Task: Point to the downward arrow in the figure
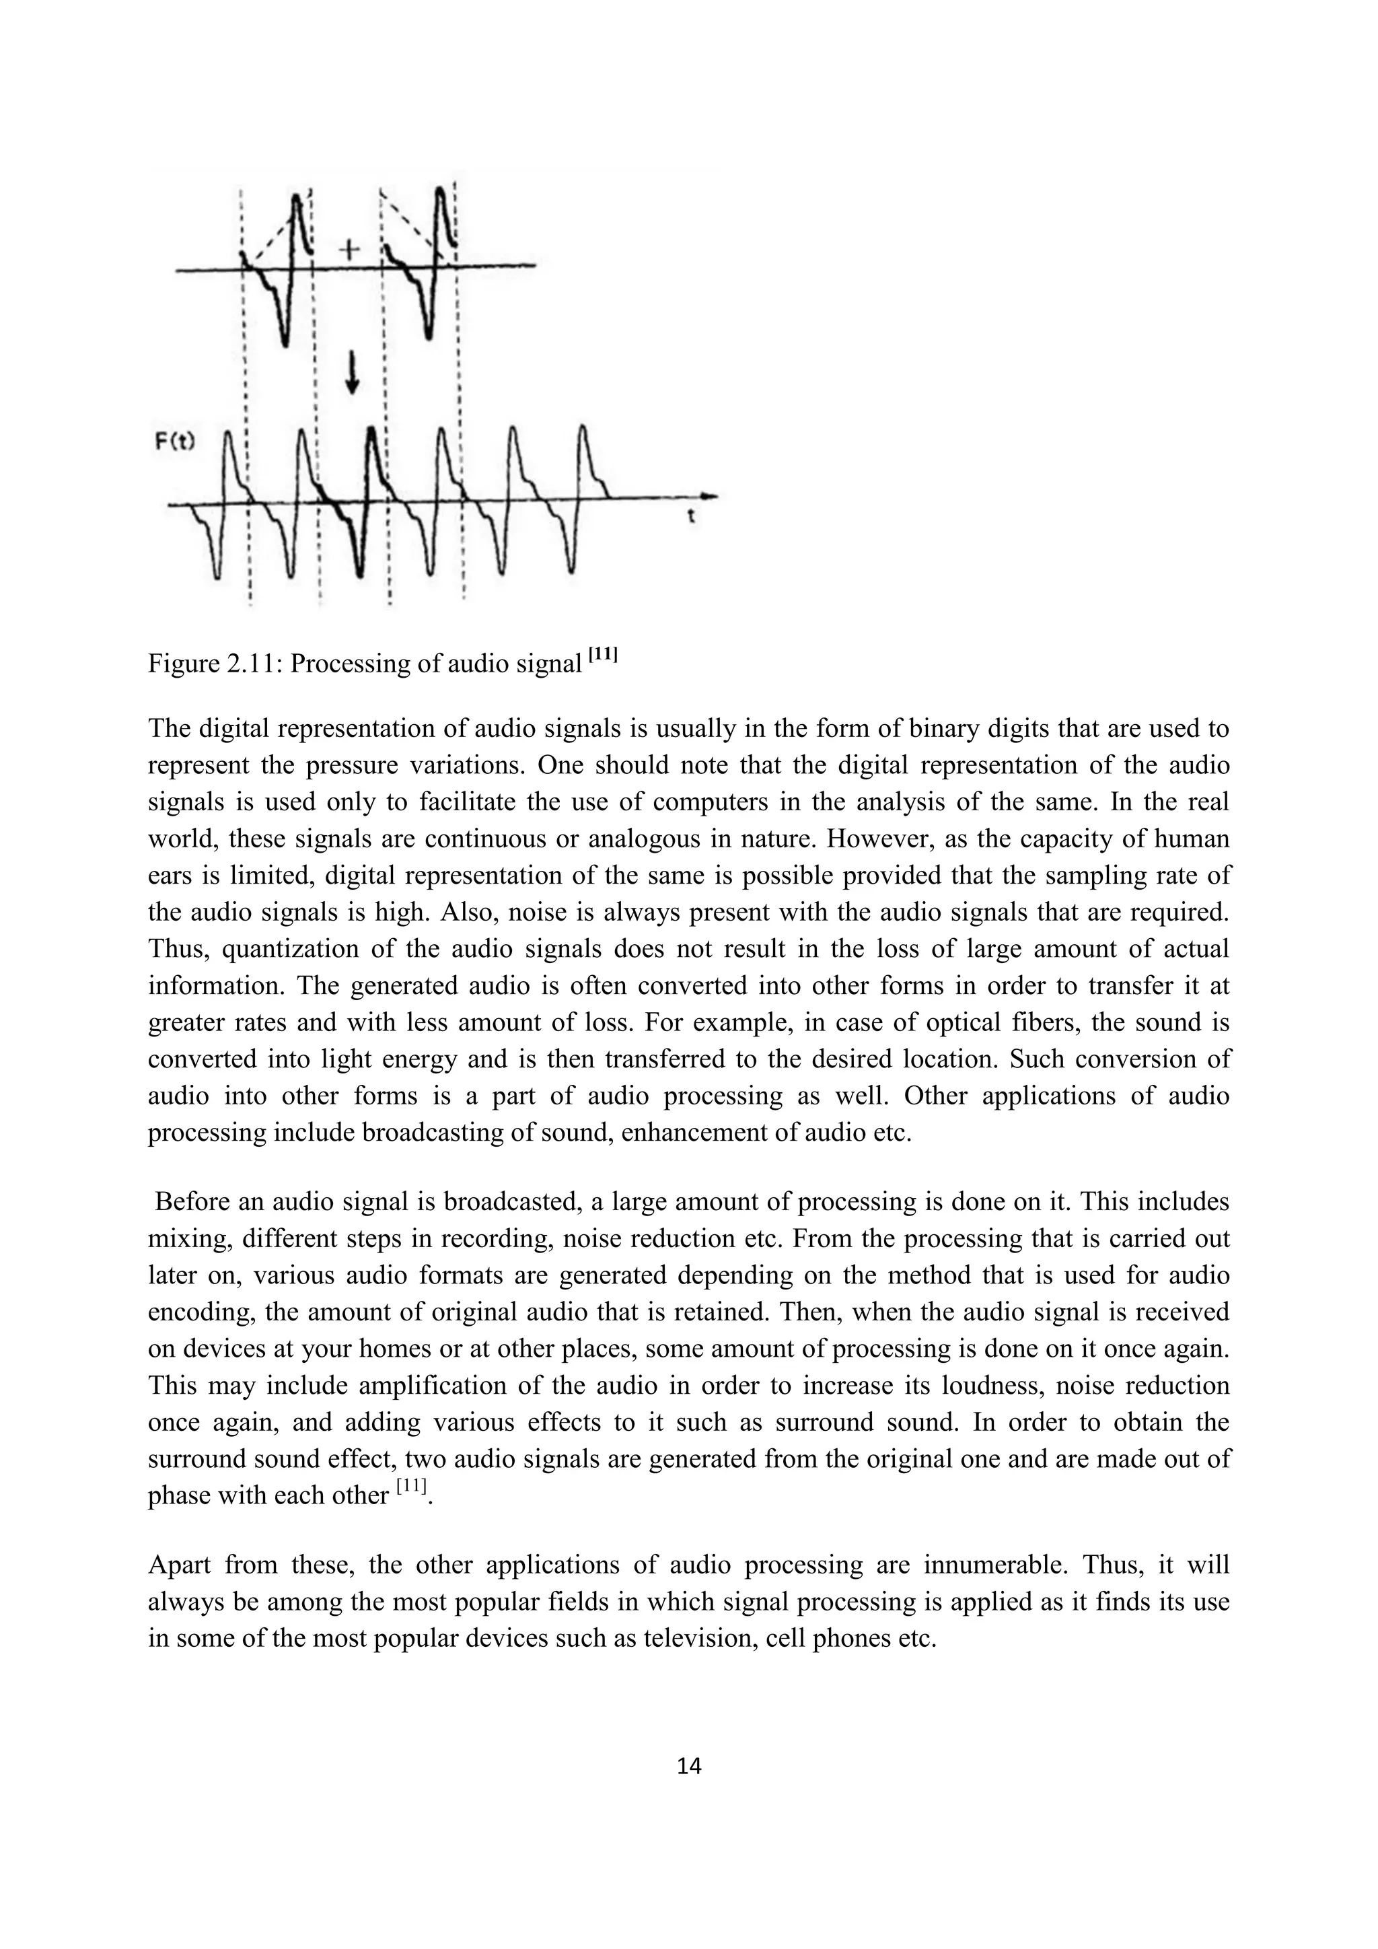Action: (352, 374)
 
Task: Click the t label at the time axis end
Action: (691, 516)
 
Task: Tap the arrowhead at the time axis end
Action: (711, 496)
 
